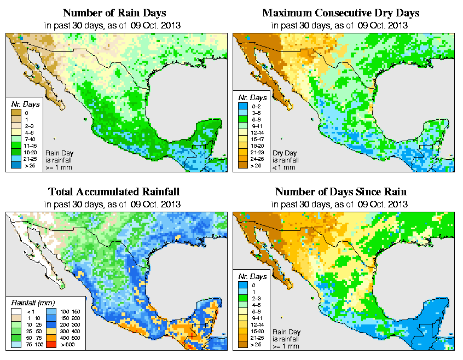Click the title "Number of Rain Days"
pyautogui.click(x=114, y=13)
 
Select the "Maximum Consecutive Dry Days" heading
pyautogui.click(x=341, y=13)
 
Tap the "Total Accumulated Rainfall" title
pyautogui.click(x=114, y=192)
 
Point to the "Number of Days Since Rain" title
pyautogui.click(x=341, y=192)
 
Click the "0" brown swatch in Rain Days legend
pyautogui.click(x=17, y=113)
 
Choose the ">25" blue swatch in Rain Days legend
pyautogui.click(x=17, y=165)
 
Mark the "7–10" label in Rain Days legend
pyautogui.click(x=30, y=139)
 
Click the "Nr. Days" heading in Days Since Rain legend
pyautogui.click(x=255, y=277)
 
